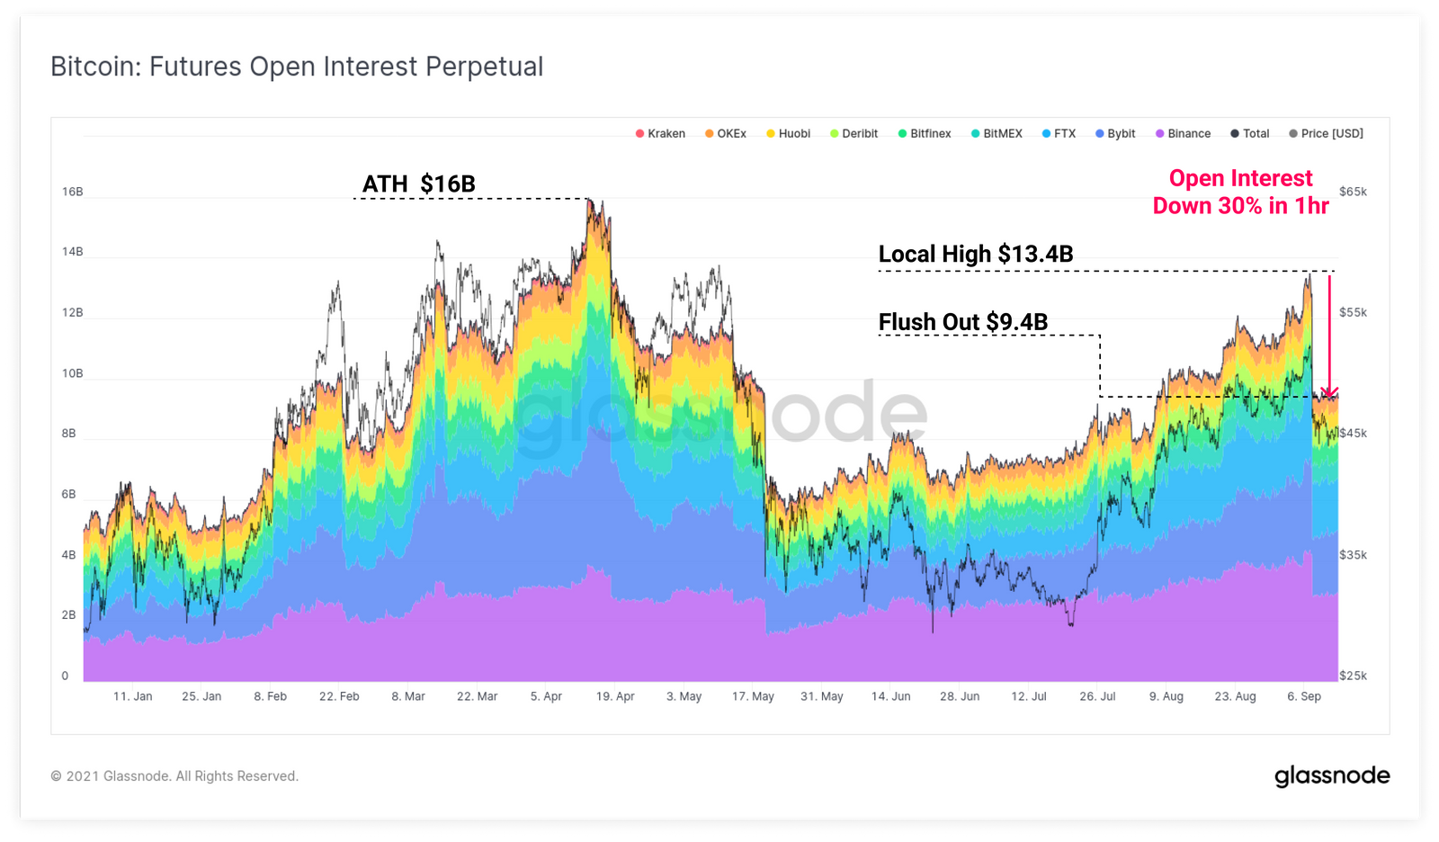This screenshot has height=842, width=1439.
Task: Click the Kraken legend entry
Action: [x=661, y=134]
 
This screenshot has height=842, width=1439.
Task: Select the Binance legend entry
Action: [x=1184, y=134]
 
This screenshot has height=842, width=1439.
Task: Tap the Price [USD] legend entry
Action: [x=1327, y=134]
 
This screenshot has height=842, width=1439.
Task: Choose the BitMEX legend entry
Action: [x=997, y=134]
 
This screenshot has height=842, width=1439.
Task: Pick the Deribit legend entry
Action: [x=854, y=134]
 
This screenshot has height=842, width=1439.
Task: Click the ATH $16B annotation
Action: [x=418, y=184]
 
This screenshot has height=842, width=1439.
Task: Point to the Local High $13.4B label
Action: [x=976, y=255]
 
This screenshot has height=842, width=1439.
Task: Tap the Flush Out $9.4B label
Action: [x=962, y=322]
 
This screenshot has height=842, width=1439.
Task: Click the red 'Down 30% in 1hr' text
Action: [x=1240, y=206]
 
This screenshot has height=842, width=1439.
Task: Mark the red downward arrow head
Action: [x=1329, y=392]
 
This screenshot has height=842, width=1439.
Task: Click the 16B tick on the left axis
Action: [x=72, y=192]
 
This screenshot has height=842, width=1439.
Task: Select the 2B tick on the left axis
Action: [x=69, y=615]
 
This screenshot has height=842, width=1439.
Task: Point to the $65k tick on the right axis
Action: [x=1353, y=192]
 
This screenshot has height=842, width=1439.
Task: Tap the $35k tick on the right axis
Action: [x=1353, y=555]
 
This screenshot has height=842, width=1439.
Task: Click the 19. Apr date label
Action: [x=615, y=696]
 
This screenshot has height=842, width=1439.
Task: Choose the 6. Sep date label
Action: [x=1304, y=696]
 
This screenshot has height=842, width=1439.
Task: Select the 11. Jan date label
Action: [x=132, y=696]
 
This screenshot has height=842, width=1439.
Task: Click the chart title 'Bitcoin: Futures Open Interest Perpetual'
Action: [x=297, y=67]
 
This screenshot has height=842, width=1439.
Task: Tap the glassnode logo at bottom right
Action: [x=1332, y=775]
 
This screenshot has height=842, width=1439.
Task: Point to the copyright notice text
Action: [x=174, y=776]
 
